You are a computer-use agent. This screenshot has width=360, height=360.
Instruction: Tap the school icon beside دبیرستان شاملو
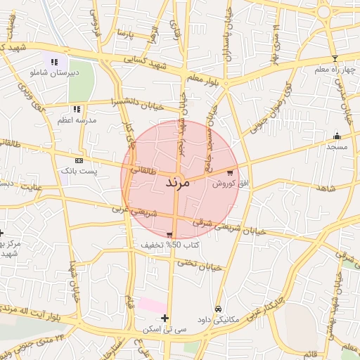pos(55,62)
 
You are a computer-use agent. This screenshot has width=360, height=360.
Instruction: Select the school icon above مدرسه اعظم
pos(77,109)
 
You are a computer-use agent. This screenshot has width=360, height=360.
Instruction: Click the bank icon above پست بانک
pos(79,161)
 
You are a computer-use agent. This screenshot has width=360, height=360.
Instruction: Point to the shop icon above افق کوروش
pos(229,172)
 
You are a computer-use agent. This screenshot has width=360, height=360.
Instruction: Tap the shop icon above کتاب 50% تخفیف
pos(169,235)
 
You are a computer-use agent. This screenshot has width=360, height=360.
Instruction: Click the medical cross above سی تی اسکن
pos(165,318)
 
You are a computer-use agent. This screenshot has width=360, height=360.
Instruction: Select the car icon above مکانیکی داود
pos(219,309)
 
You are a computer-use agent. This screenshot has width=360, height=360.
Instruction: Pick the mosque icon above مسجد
pos(337,136)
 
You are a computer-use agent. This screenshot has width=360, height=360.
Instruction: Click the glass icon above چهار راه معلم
pos(335,58)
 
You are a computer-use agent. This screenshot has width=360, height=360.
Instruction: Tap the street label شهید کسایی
pos(143,63)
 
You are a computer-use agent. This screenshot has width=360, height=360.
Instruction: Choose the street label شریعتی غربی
pos(130,209)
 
